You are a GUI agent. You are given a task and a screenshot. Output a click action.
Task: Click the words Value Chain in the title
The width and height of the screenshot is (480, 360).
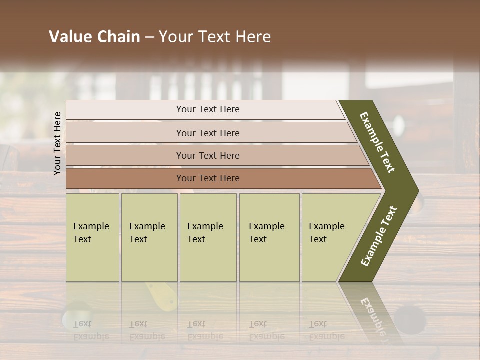pyautogui.click(x=94, y=37)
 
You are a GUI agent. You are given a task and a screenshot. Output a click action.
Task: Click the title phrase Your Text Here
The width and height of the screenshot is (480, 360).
pyautogui.click(x=215, y=37)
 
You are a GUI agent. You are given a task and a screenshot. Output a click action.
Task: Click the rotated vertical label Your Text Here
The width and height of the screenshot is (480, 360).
pyautogui.click(x=57, y=143)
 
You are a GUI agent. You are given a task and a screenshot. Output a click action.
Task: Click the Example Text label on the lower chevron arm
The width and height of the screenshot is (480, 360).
pyautogui.click(x=379, y=236)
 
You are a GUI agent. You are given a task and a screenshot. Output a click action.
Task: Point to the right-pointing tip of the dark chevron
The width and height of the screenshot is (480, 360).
pyautogui.click(x=414, y=190)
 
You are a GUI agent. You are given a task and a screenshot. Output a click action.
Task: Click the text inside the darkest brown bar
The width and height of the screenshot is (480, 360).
pyautogui.click(x=208, y=178)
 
